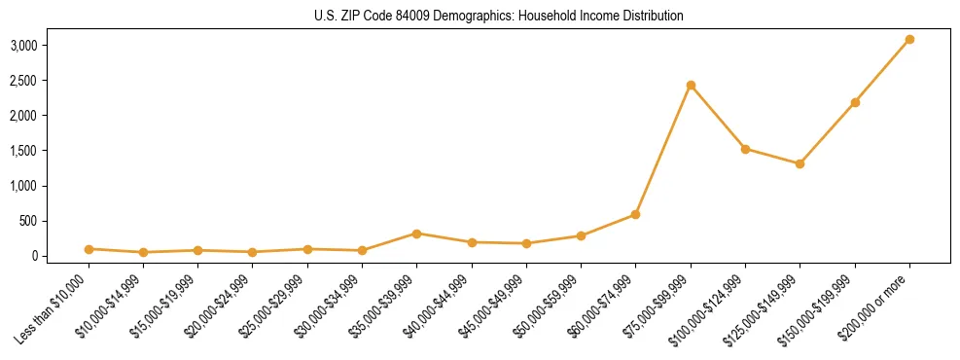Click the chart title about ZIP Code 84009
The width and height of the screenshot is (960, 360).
pos(499,16)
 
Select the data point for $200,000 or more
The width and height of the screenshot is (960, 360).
pos(909,39)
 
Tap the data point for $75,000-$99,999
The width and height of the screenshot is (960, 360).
pos(691,85)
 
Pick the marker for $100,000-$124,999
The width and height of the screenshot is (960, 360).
pos(745,149)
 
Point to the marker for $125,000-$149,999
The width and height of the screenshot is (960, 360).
pos(800,163)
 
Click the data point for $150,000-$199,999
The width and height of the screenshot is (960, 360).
pos(855,102)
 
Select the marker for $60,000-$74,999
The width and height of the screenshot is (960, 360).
pos(635,214)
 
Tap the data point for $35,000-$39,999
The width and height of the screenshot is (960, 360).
pos(416,234)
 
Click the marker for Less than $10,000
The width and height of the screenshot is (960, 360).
pos(89,249)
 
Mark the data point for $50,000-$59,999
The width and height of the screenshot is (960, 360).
pos(581,235)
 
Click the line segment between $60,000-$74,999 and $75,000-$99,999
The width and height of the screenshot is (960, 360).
pos(663,149)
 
